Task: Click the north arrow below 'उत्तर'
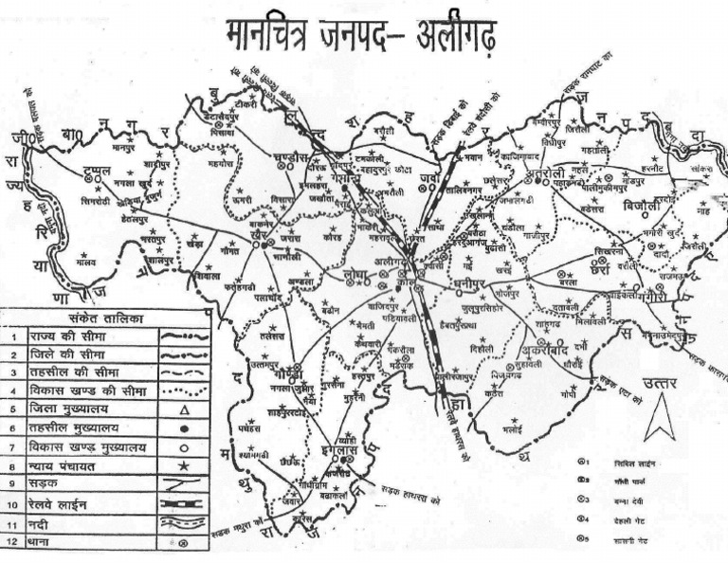tap(660, 417)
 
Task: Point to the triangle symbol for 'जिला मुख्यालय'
tap(183, 410)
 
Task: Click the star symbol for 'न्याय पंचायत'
tap(183, 466)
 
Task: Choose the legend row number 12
tap(13, 543)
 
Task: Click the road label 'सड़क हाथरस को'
tap(409, 494)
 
